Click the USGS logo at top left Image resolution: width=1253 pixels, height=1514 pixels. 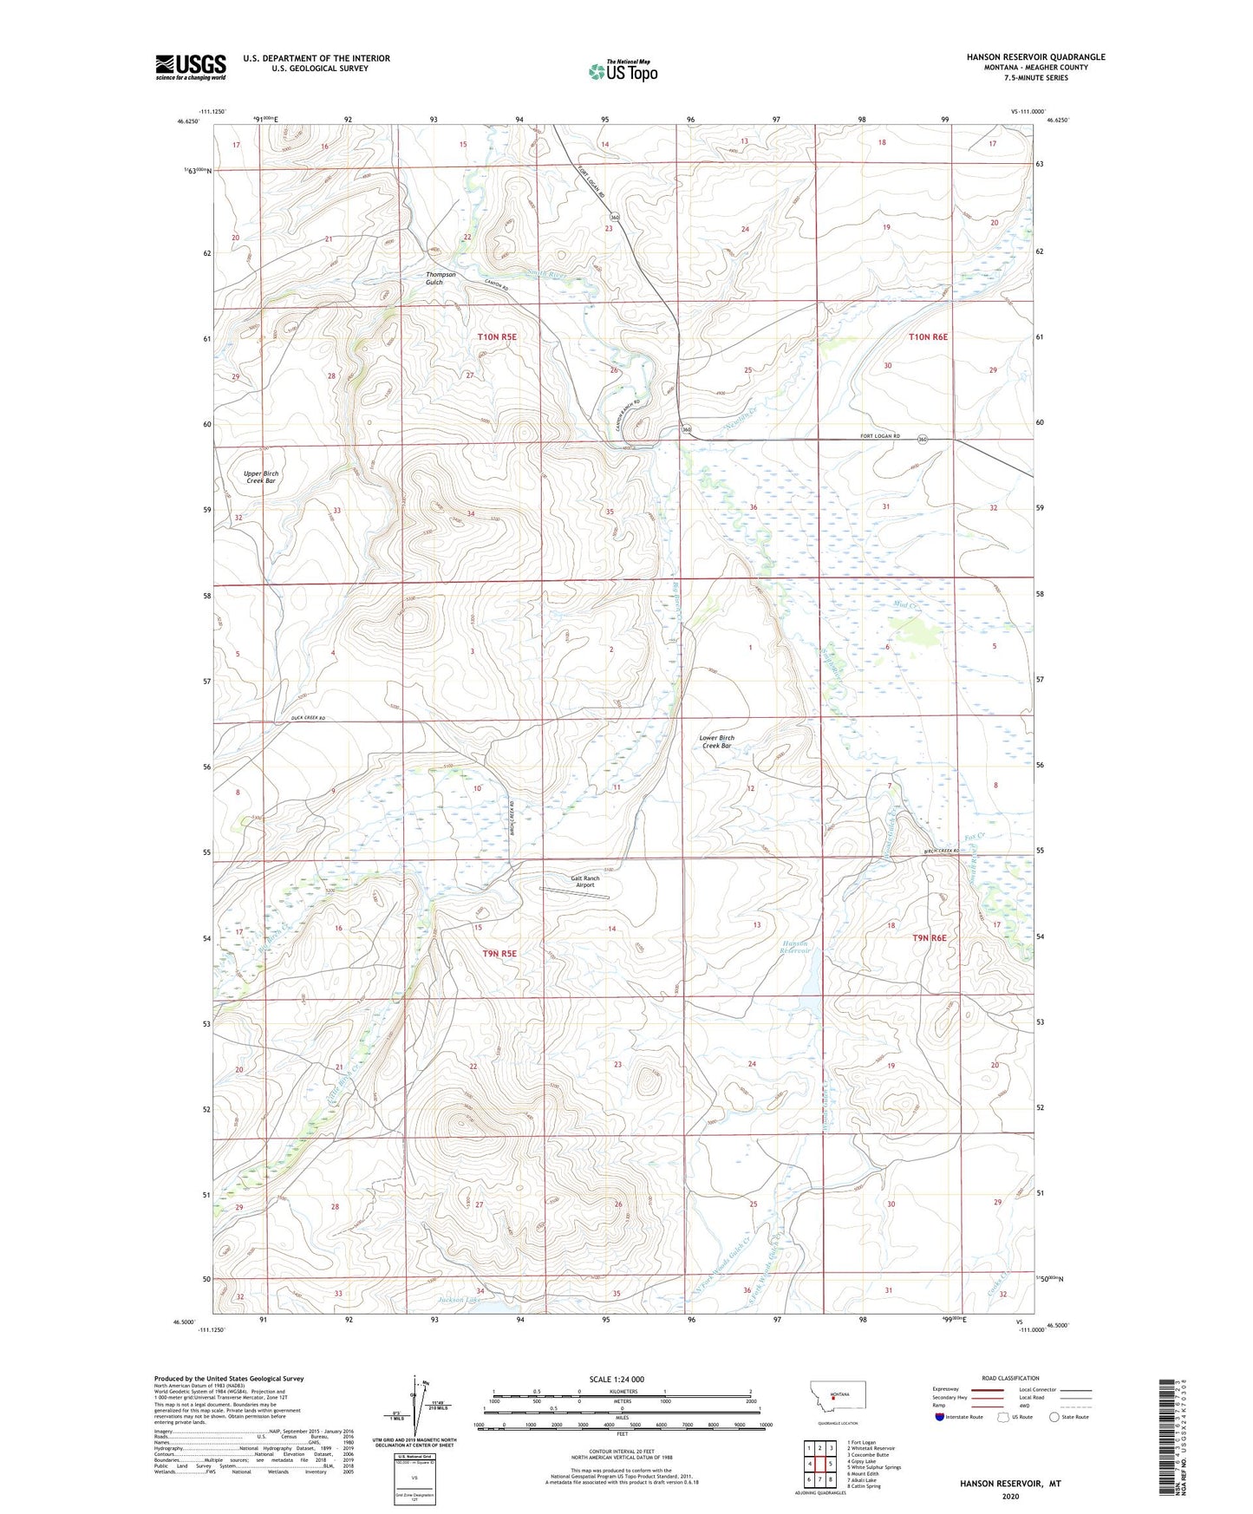click(191, 67)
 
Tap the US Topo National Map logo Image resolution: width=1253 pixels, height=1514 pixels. click(623, 71)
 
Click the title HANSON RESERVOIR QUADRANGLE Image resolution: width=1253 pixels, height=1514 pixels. click(1035, 57)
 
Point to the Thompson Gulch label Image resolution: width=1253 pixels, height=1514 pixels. click(440, 278)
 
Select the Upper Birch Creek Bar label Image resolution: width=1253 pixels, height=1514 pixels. click(260, 477)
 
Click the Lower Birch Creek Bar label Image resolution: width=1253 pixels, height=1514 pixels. click(716, 741)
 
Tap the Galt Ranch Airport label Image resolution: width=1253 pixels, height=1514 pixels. click(584, 882)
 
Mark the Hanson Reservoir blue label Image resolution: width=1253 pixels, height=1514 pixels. click(795, 947)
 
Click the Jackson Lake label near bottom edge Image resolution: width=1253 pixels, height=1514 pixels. click(459, 1300)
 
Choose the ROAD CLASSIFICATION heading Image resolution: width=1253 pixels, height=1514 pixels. click(1010, 1378)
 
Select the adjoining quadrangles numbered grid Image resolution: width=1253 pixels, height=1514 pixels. click(819, 1463)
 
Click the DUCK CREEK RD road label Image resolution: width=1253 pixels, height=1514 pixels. click(308, 719)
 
